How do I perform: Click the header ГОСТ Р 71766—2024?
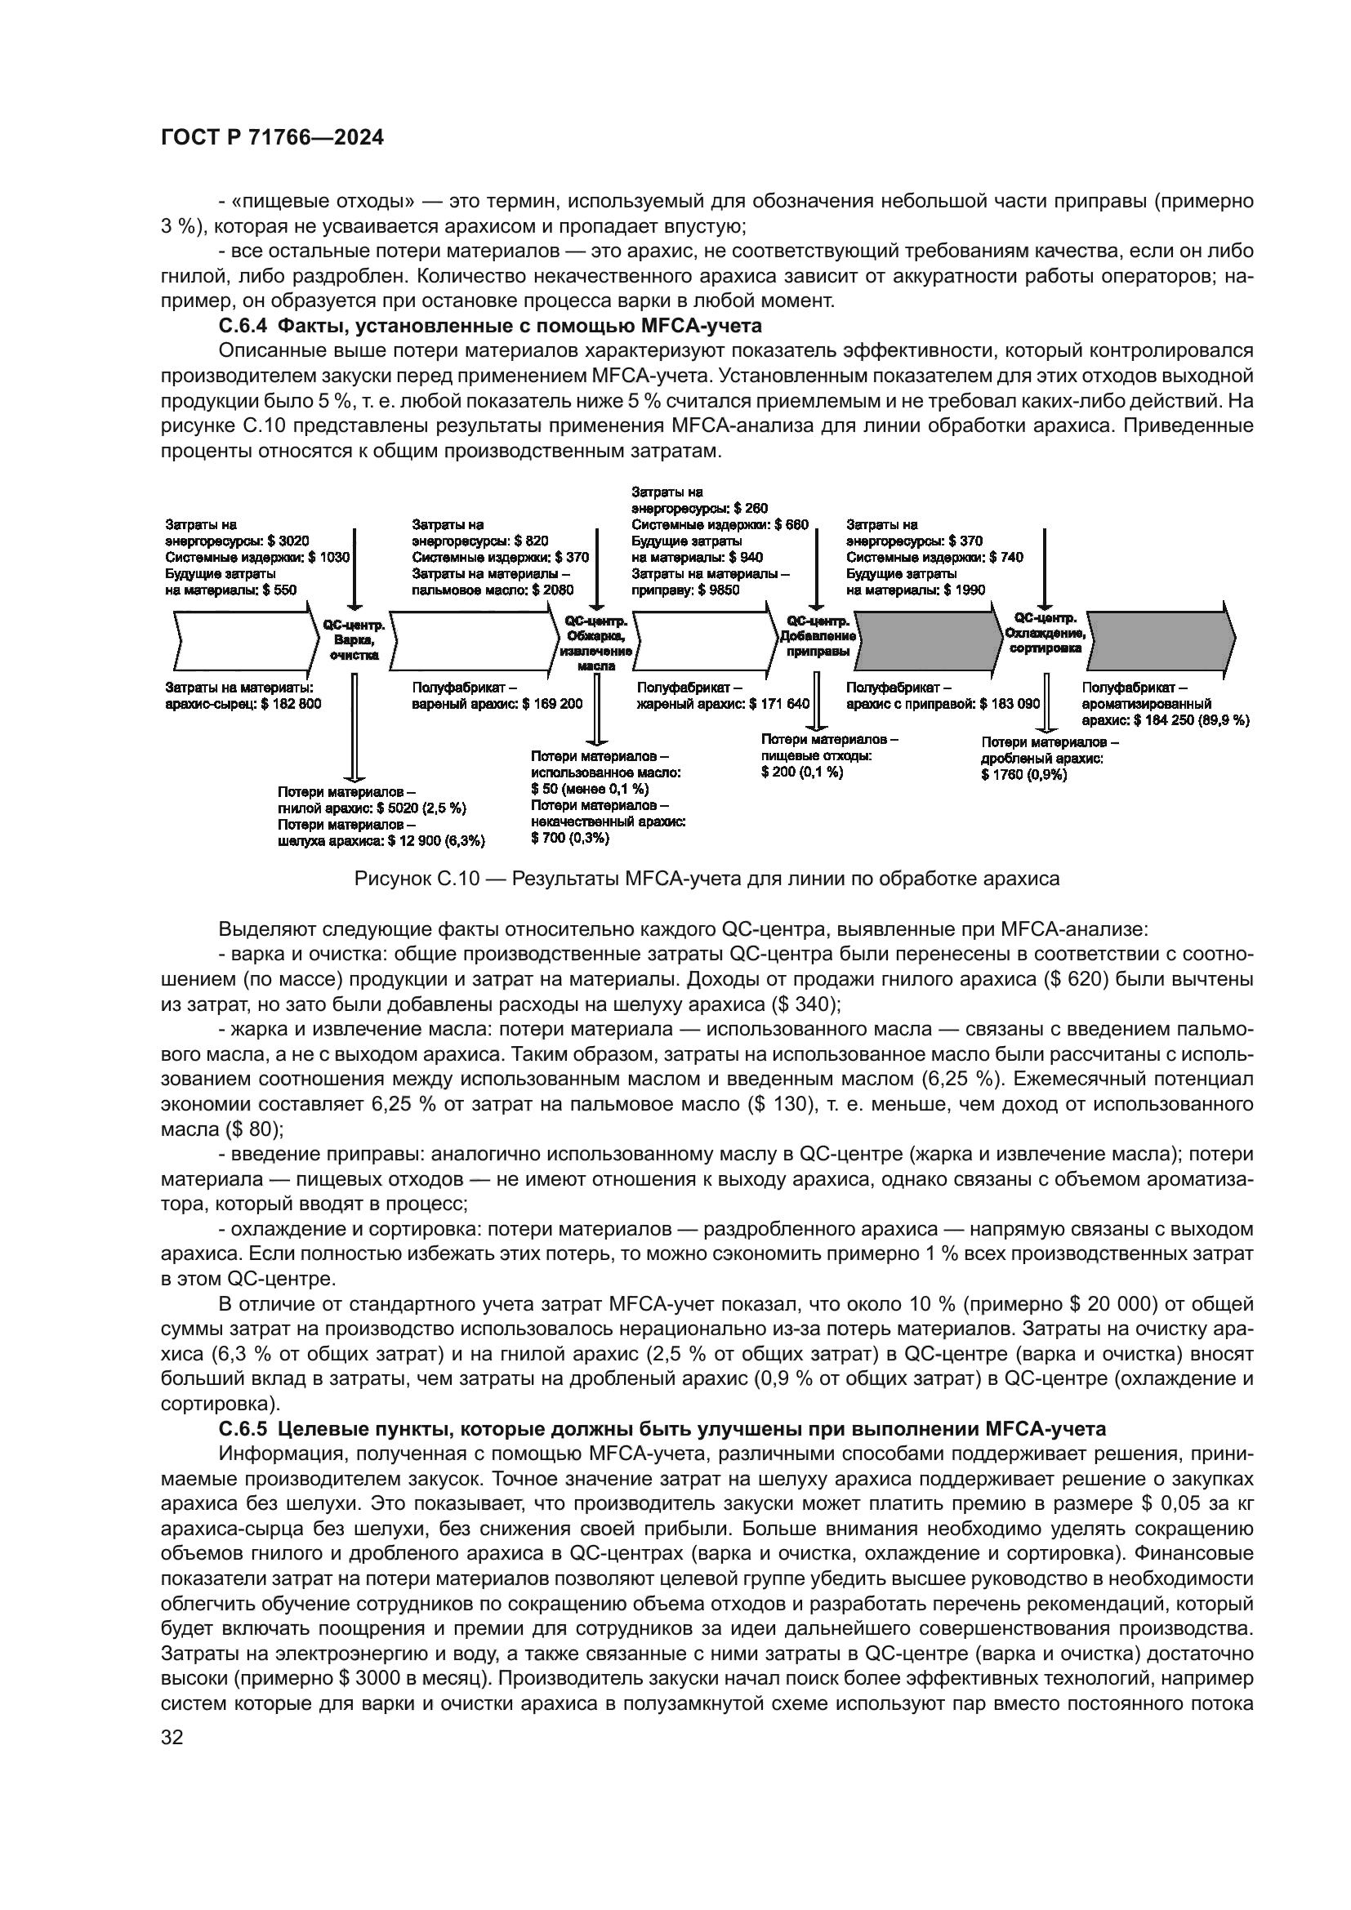tap(272, 139)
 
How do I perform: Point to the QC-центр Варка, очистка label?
tap(354, 639)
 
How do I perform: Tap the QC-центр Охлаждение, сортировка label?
tap(1046, 633)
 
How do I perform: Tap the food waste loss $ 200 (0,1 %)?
tap(801, 772)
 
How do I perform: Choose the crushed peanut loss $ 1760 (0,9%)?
tap(1023, 774)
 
